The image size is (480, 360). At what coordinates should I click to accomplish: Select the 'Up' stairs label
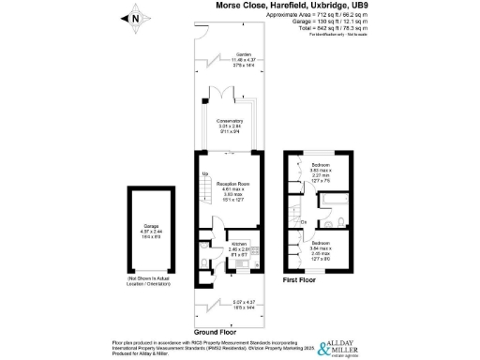click(203, 173)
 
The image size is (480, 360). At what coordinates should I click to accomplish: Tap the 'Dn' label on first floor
click(305, 221)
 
